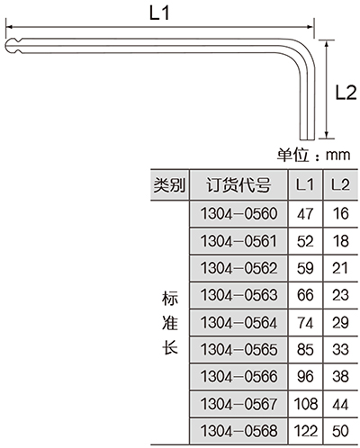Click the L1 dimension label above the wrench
[x=159, y=13]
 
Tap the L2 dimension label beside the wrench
[x=346, y=93]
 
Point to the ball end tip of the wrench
[x=6, y=46]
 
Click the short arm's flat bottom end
[x=307, y=139]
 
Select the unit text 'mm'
[x=338, y=155]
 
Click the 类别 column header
[x=169, y=184]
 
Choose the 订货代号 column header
[x=238, y=184]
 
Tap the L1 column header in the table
[x=305, y=184]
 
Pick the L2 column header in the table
[x=340, y=184]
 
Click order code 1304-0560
[x=238, y=214]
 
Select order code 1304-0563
[x=238, y=295]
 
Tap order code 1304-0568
[x=238, y=431]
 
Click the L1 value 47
[x=305, y=214]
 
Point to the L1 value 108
[x=306, y=404]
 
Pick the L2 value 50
[x=340, y=431]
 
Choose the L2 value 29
[x=340, y=323]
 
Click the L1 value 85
[x=305, y=350]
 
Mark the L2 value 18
[x=341, y=241]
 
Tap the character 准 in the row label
[x=170, y=323]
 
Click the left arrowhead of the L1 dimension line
[x=9, y=27]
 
